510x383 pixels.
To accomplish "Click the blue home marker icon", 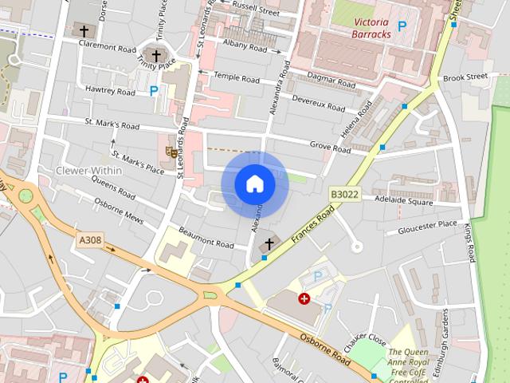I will click(x=255, y=184).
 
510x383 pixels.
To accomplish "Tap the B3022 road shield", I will click(x=344, y=194).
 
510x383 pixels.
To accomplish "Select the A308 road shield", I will click(x=90, y=239).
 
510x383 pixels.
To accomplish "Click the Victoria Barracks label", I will click(x=373, y=28).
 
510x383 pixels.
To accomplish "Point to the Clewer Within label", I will click(x=88, y=171).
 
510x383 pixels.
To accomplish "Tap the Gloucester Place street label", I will click(x=429, y=227).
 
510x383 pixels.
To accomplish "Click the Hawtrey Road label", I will click(x=110, y=92).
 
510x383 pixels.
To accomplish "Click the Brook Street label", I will click(x=465, y=77).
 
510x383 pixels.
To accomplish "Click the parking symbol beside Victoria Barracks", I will click(x=402, y=26).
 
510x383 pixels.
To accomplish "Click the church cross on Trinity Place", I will click(x=155, y=55).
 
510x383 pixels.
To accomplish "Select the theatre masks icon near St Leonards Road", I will click(x=171, y=151).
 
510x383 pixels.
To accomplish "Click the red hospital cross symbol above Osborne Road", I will click(x=303, y=298).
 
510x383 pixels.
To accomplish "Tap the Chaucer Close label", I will click(x=365, y=338).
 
